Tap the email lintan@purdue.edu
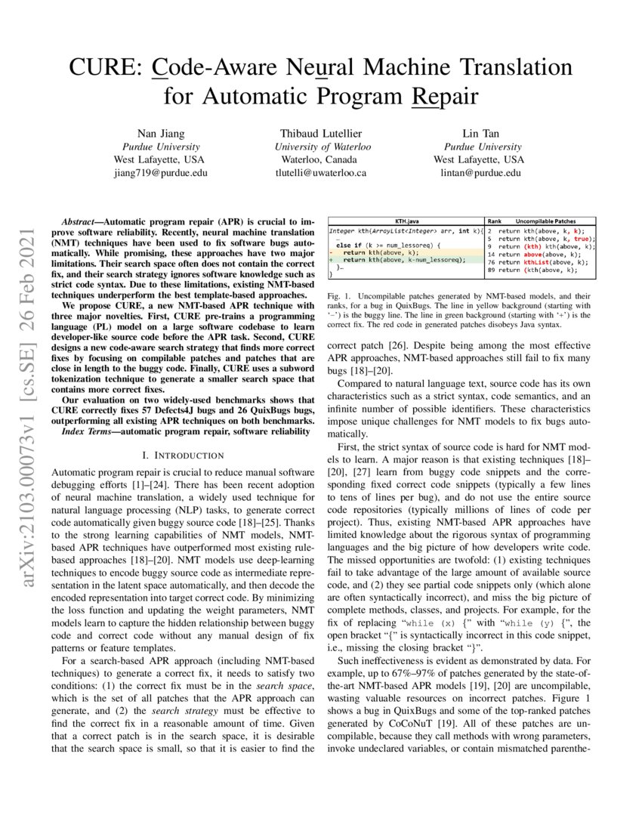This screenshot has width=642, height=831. click(x=480, y=172)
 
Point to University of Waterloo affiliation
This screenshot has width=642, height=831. click(x=323, y=147)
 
